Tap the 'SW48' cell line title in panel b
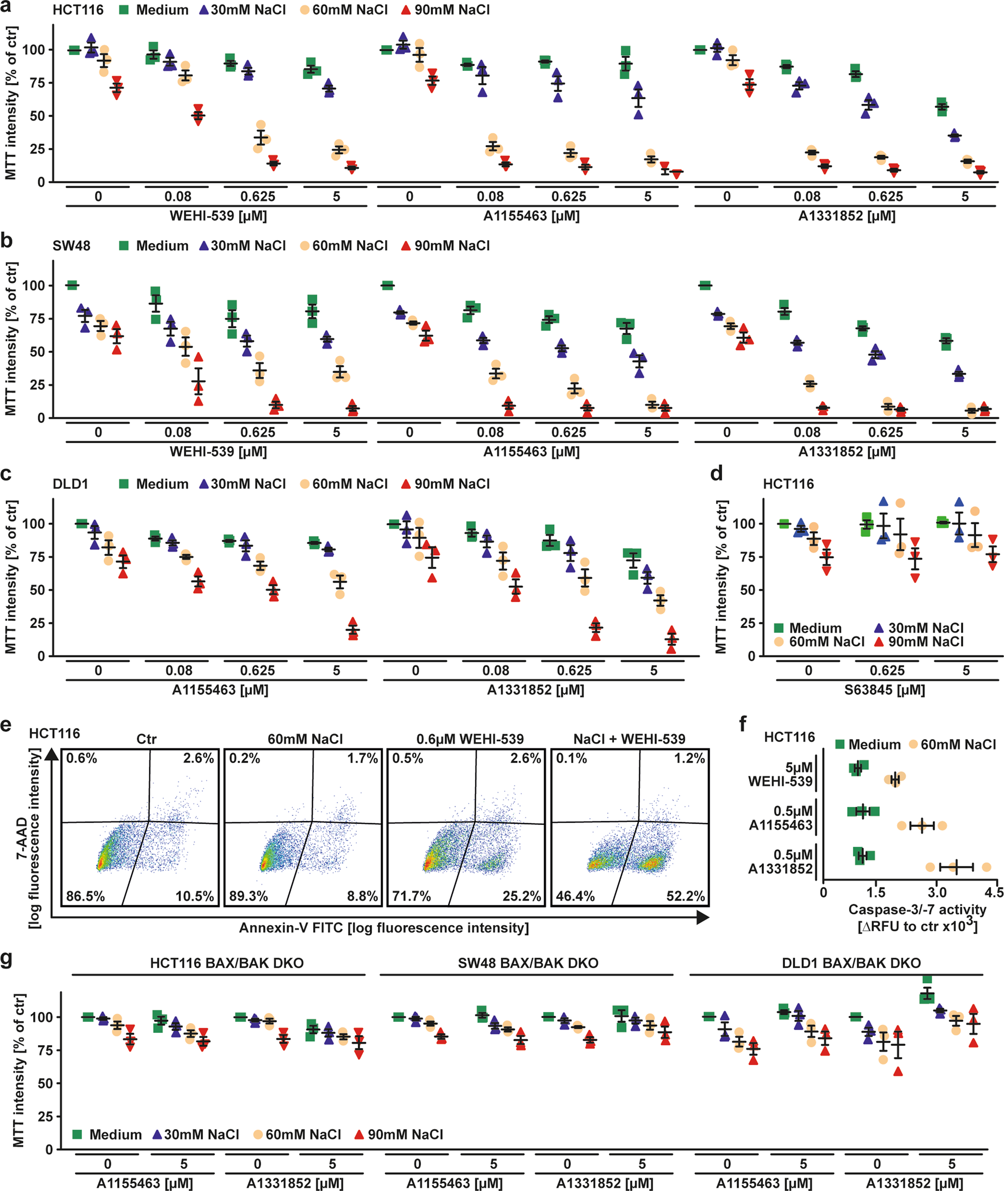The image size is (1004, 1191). (71, 246)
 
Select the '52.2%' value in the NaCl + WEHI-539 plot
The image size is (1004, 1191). (685, 896)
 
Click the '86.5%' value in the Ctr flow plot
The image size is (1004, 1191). (85, 896)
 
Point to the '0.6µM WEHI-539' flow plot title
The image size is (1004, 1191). (469, 739)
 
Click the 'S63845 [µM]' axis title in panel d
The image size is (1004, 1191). (885, 689)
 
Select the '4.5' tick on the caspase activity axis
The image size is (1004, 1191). (994, 892)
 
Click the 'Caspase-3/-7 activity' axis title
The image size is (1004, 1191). (917, 910)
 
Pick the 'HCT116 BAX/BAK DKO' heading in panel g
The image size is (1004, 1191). (227, 963)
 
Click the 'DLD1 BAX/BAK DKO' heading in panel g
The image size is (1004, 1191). (851, 963)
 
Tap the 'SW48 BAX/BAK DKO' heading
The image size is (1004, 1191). (528, 963)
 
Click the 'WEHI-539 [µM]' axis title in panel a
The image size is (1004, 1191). (218, 216)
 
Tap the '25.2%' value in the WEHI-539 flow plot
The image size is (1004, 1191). (521, 896)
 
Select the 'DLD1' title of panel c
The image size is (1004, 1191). (71, 484)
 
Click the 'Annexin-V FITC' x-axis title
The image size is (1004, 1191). (384, 928)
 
